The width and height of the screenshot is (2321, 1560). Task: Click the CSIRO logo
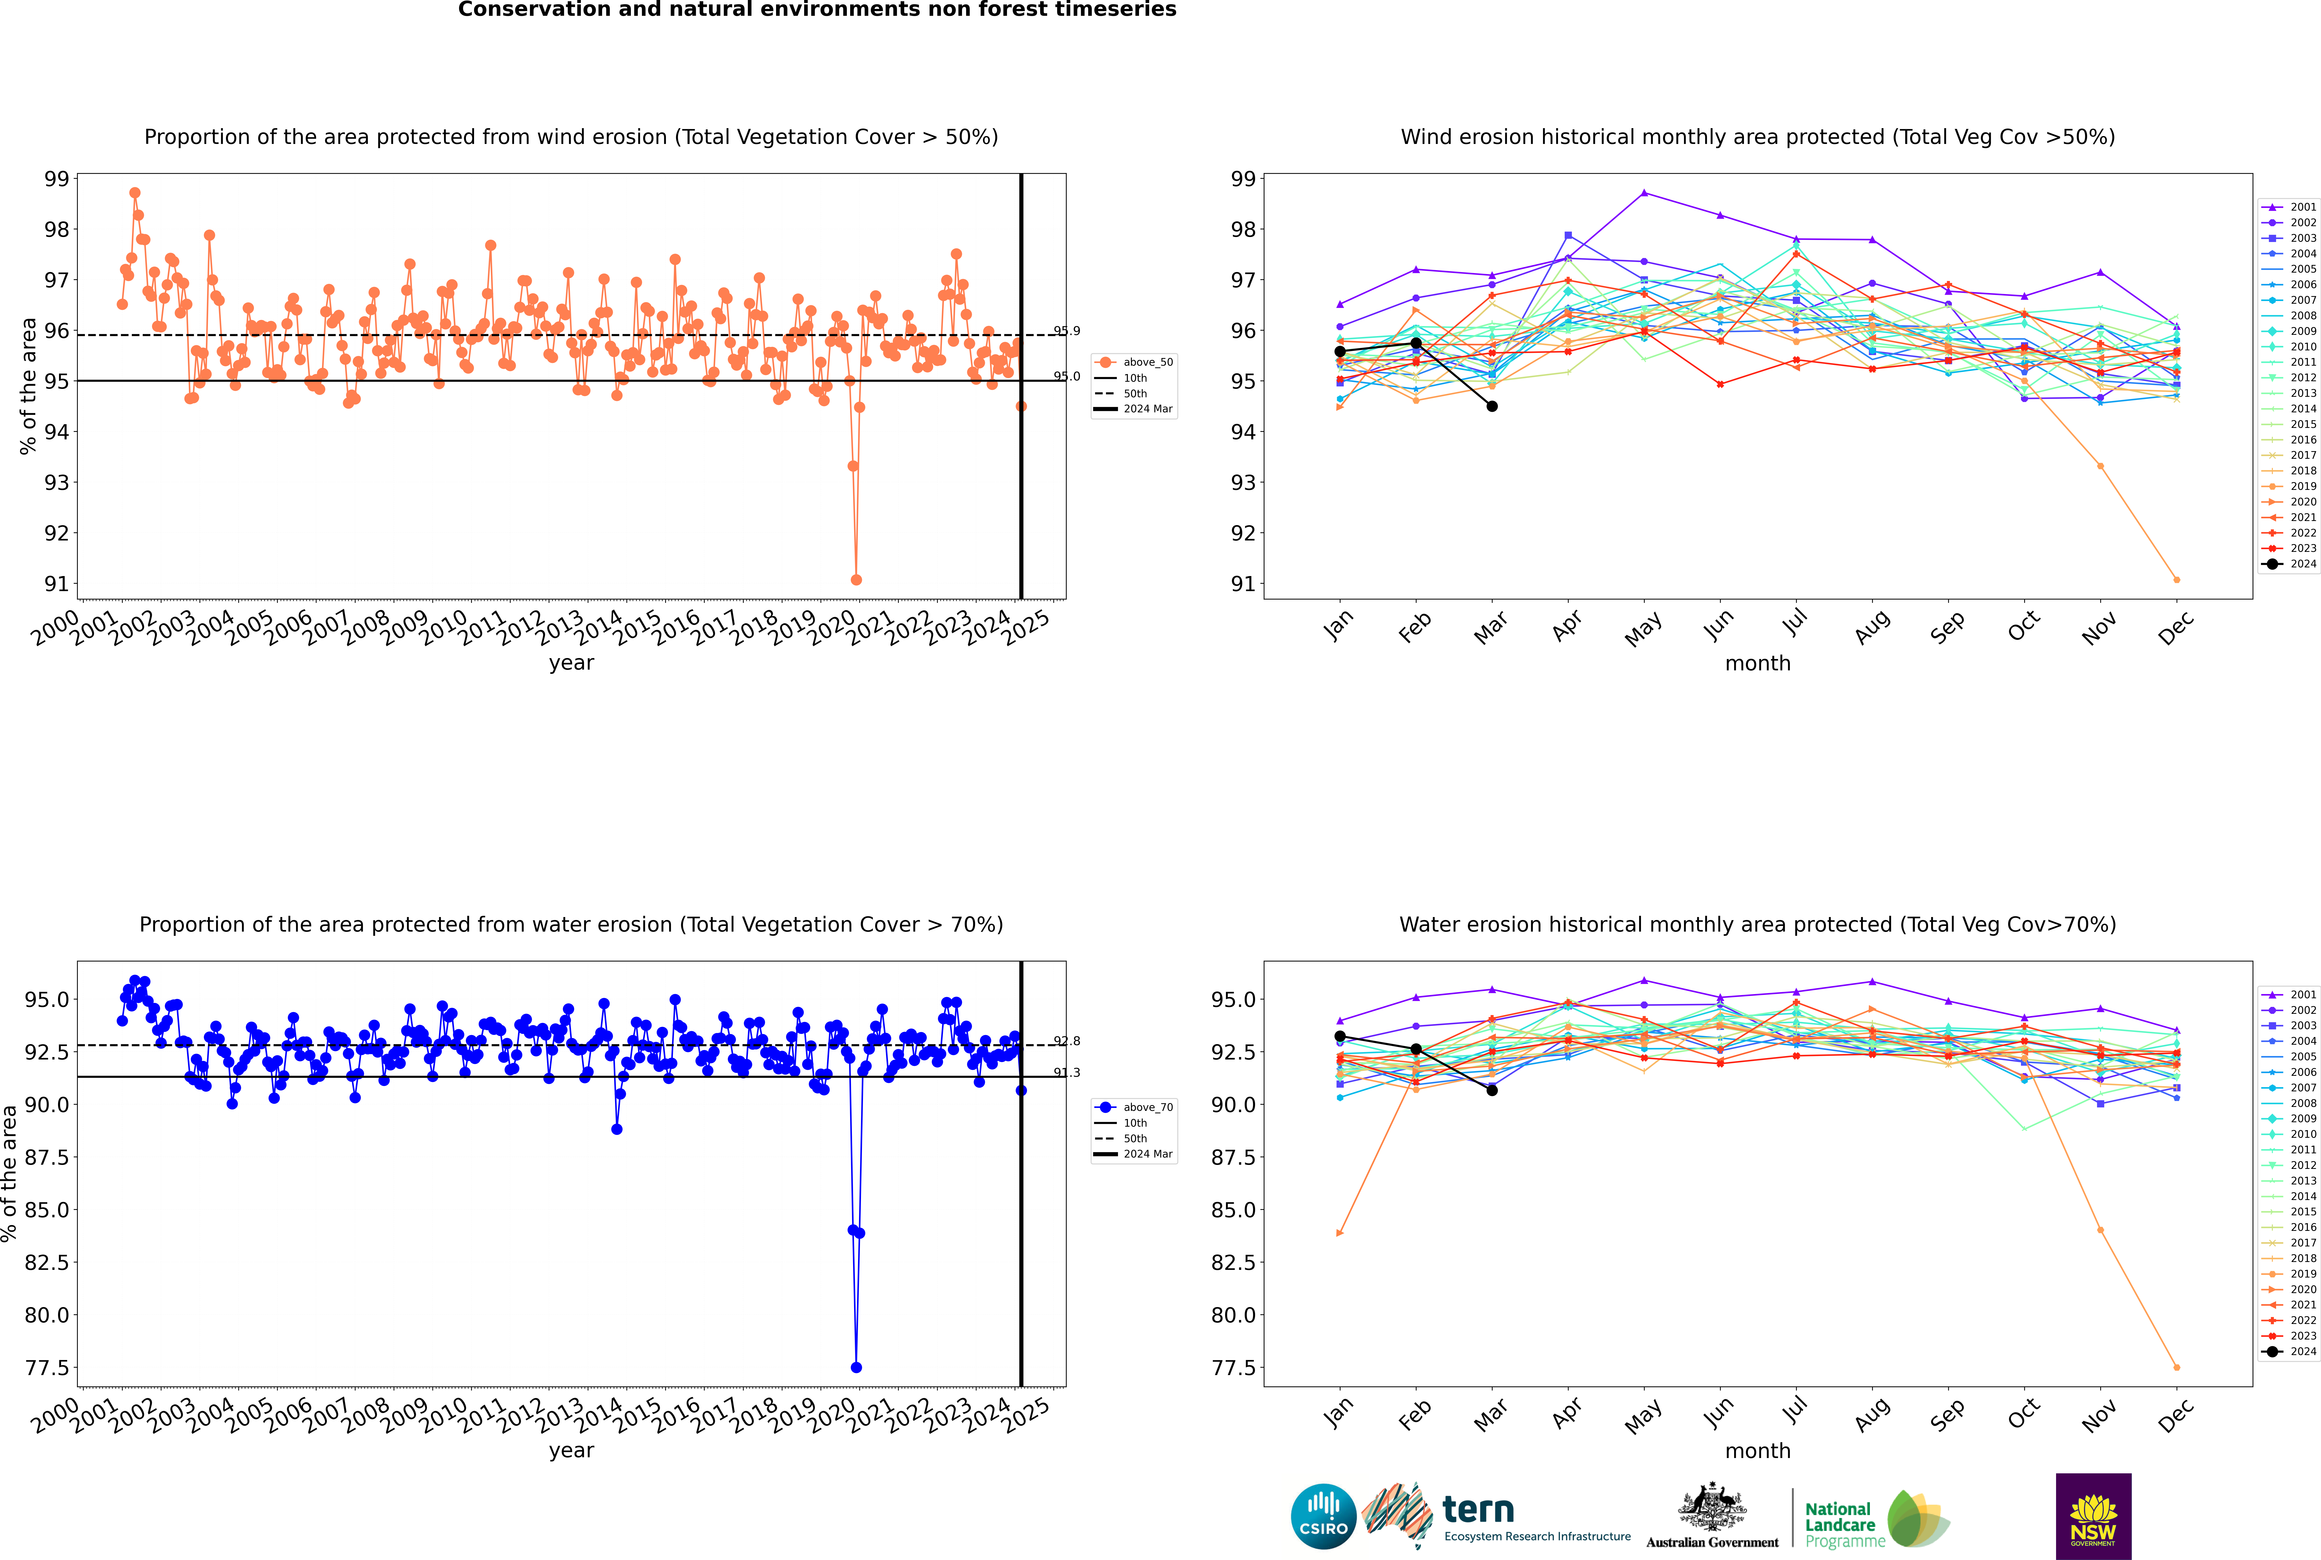[x=1323, y=1516]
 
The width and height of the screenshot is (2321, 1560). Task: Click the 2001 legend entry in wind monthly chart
[x=2288, y=207]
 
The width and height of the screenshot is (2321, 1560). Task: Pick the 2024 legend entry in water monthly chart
[x=2288, y=1351]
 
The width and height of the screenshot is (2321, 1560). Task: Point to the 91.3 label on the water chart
[x=1066, y=1073]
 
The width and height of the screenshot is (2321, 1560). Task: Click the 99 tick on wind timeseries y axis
[x=57, y=179]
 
